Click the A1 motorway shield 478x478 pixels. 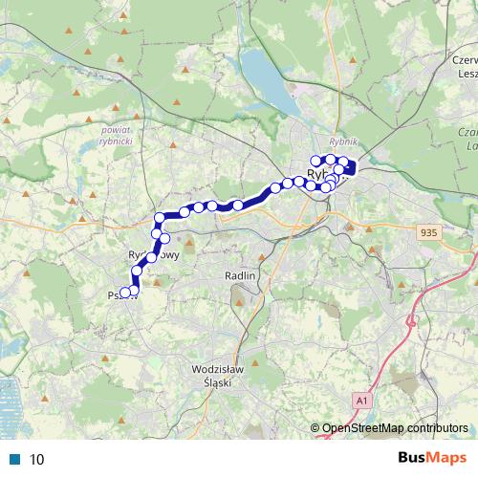pos(359,399)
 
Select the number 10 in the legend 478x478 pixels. pos(37,459)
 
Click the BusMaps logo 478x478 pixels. pos(431,458)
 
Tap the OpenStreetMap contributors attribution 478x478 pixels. pos(395,427)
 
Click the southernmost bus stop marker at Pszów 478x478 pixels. pos(125,293)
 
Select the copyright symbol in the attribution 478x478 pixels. pos(315,427)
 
